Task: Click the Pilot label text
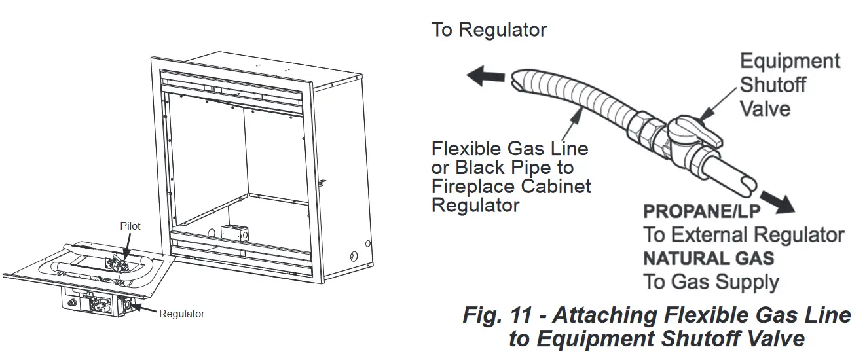(130, 226)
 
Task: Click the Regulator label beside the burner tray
(181, 314)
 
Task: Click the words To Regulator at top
(489, 30)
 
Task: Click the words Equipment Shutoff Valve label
(789, 84)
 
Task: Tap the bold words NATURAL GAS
(708, 258)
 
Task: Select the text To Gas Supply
(710, 282)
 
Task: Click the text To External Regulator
(743, 235)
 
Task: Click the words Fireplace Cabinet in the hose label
(511, 186)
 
